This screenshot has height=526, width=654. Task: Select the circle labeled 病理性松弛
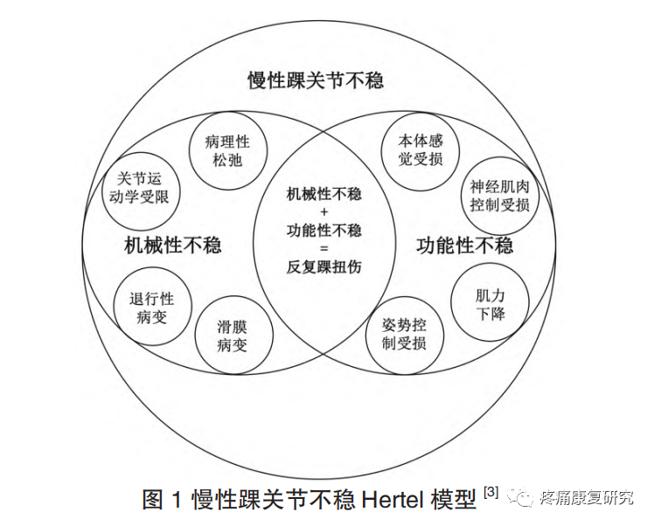[x=226, y=150]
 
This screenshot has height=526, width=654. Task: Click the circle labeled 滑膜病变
[x=233, y=336]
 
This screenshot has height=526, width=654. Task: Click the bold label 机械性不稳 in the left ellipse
[x=173, y=245]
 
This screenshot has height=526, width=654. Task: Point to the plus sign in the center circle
[x=324, y=212]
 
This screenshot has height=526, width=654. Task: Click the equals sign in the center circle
[x=324, y=249]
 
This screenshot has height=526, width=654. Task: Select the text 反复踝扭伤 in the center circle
[x=324, y=266]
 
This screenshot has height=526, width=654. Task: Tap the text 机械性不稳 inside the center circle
[x=324, y=194]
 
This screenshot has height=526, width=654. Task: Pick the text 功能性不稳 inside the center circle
[x=324, y=231]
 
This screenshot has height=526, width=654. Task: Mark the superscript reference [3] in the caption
[x=490, y=492]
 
